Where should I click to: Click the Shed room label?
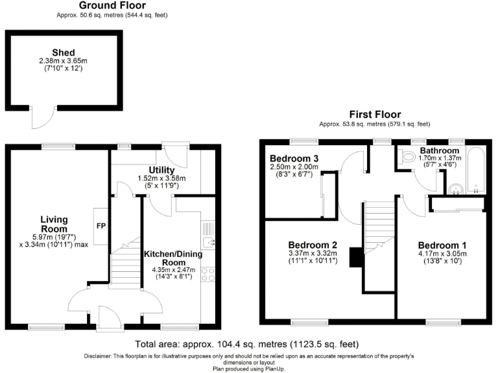pos(64,52)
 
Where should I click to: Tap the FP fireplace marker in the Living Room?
pos(101,227)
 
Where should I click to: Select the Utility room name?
pos(161,170)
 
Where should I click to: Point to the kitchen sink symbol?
pos(207,242)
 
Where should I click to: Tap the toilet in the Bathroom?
pos(408,157)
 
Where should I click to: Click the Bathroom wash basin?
pos(456,188)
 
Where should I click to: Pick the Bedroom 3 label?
pos(294,159)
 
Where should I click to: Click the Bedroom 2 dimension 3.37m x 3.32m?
pos(313,253)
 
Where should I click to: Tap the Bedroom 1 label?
pos(442,245)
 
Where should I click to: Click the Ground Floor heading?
pos(112,5)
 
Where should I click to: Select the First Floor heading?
pos(375,115)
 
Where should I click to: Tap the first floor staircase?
pos(378,227)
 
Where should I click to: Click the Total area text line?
pos(247,344)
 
